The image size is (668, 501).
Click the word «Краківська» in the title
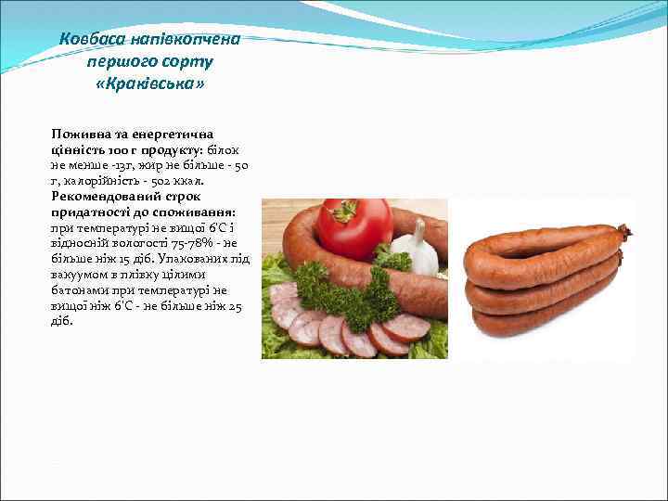click(x=150, y=84)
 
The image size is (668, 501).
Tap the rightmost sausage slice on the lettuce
click(x=406, y=326)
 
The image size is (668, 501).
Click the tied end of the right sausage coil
click(x=628, y=231)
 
